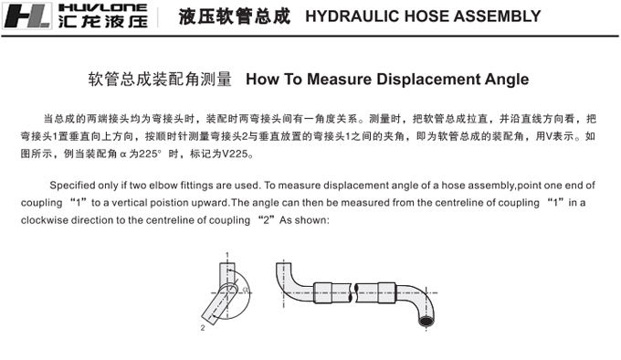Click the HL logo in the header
[x=26, y=16]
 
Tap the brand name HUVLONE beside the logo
[x=102, y=7]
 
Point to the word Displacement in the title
[x=428, y=79]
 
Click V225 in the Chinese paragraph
[x=236, y=154]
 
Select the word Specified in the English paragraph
[x=72, y=185]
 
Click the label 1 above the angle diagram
[x=226, y=255]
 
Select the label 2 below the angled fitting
[x=203, y=328]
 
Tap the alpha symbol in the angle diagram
[x=246, y=290]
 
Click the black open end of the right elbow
[x=426, y=321]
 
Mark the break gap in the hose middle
[x=354, y=293]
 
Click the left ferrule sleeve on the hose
[x=322, y=292]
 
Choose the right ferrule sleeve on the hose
[x=386, y=292]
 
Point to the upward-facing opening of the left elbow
[x=284, y=263]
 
